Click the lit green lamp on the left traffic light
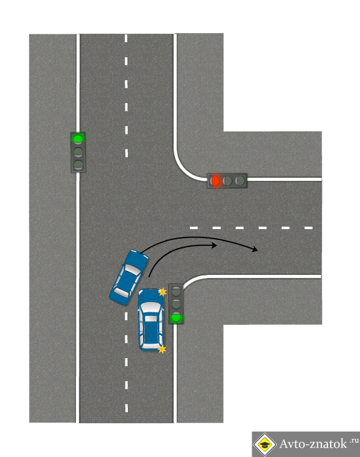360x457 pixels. (x=78, y=139)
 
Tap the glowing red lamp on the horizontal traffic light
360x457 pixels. (x=215, y=181)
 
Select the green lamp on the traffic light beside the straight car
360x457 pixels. (x=175, y=317)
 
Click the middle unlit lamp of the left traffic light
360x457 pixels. (x=78, y=151)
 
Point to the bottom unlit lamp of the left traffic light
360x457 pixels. (x=78, y=164)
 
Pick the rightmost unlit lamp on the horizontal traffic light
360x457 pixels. (x=240, y=181)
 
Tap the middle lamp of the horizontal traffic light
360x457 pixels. (x=228, y=181)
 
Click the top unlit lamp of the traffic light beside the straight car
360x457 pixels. (x=175, y=291)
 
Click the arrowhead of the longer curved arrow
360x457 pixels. (x=254, y=249)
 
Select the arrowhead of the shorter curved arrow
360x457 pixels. (x=213, y=245)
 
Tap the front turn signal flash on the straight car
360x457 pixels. (x=162, y=292)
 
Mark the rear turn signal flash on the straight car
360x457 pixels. (x=162, y=349)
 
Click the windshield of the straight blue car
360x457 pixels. (x=151, y=307)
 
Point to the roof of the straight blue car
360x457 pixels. (x=151, y=324)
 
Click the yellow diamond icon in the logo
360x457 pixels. (x=265, y=444)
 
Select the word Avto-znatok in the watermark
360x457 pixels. (x=313, y=444)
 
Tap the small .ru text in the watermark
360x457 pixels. (x=354, y=440)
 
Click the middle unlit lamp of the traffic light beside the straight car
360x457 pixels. (x=175, y=304)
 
